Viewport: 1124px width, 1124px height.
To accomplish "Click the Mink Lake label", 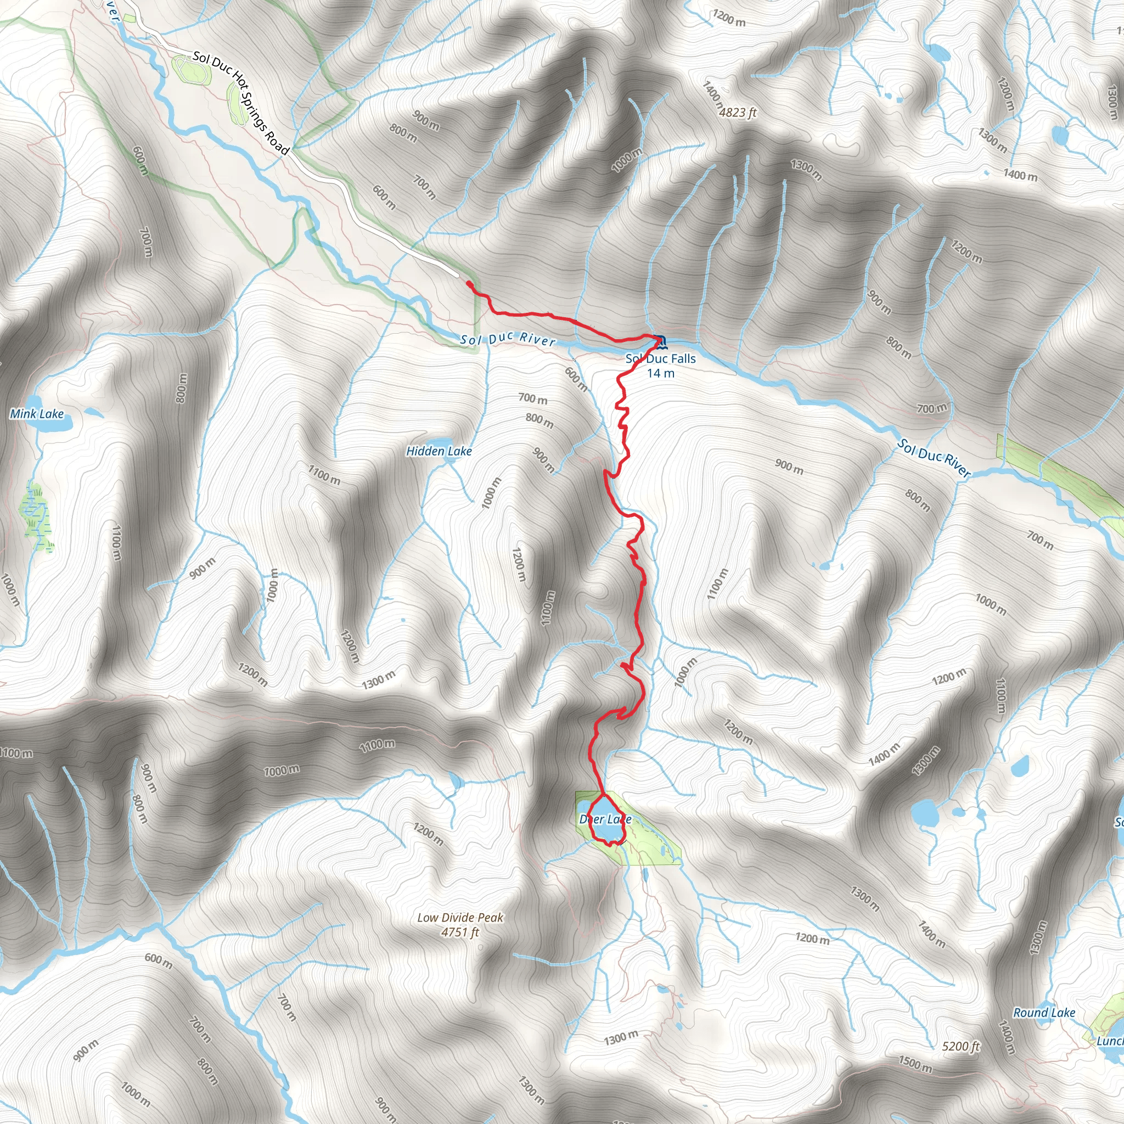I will (x=37, y=414).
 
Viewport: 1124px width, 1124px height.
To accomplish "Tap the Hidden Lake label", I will (x=439, y=451).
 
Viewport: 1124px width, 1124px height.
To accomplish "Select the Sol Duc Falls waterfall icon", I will (x=660, y=340).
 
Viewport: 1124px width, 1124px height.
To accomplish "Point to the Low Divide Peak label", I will (x=460, y=918).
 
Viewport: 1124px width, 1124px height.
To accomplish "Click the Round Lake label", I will (x=1044, y=1013).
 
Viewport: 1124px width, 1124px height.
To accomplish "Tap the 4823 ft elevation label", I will (x=737, y=113).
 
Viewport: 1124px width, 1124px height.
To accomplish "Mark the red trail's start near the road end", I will (x=468, y=283).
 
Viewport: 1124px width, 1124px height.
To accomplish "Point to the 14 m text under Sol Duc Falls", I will (x=661, y=374).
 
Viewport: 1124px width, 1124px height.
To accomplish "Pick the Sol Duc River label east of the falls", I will (x=933, y=458).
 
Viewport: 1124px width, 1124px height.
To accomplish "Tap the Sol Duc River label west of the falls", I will (x=507, y=339).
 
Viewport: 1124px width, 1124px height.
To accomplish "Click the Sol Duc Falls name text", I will (x=660, y=359).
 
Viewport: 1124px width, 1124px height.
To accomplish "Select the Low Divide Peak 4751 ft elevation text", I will (x=460, y=932).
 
